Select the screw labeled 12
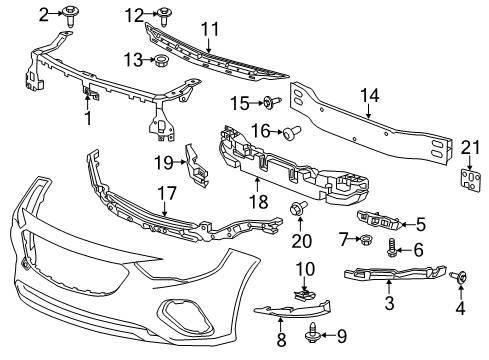pyautogui.click(x=162, y=14)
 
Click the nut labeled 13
pyautogui.click(x=157, y=62)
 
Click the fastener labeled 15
pyautogui.click(x=270, y=102)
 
